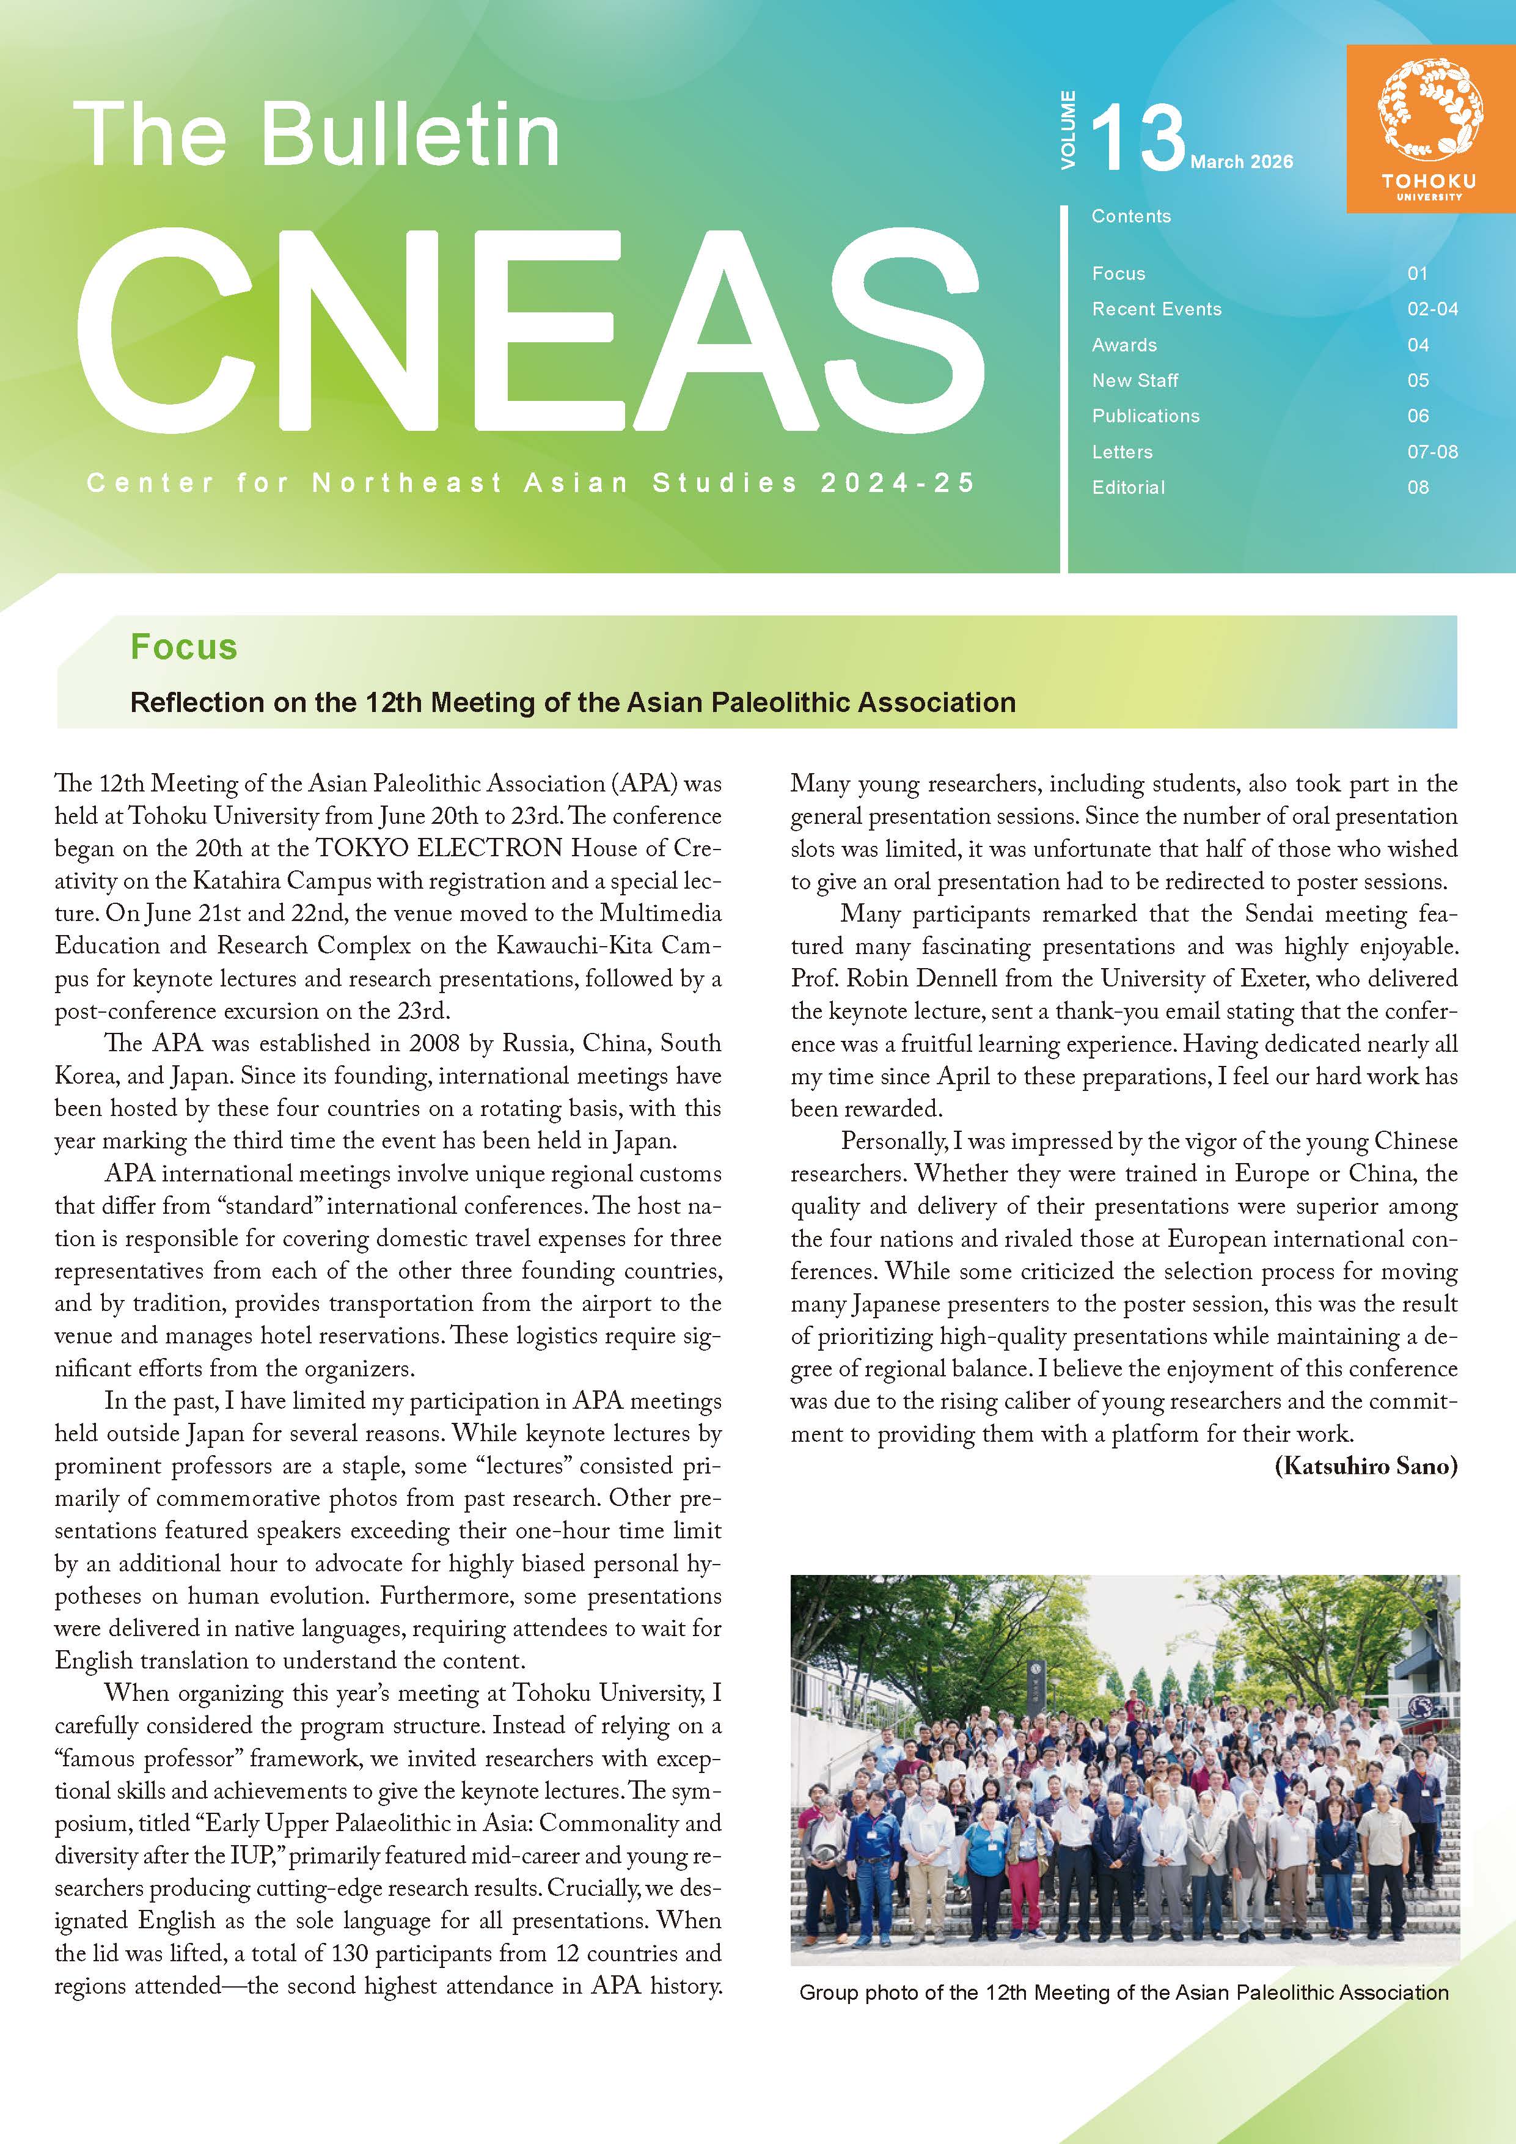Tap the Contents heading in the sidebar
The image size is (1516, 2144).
pos(1130,216)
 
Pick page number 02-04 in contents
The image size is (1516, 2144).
pos(1432,309)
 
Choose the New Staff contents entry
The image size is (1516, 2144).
pos(1135,380)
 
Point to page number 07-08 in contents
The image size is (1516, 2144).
pos(1432,452)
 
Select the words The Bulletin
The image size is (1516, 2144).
pos(317,136)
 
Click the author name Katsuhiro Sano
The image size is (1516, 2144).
pos(1365,1466)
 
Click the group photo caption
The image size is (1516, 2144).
pos(1123,1992)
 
